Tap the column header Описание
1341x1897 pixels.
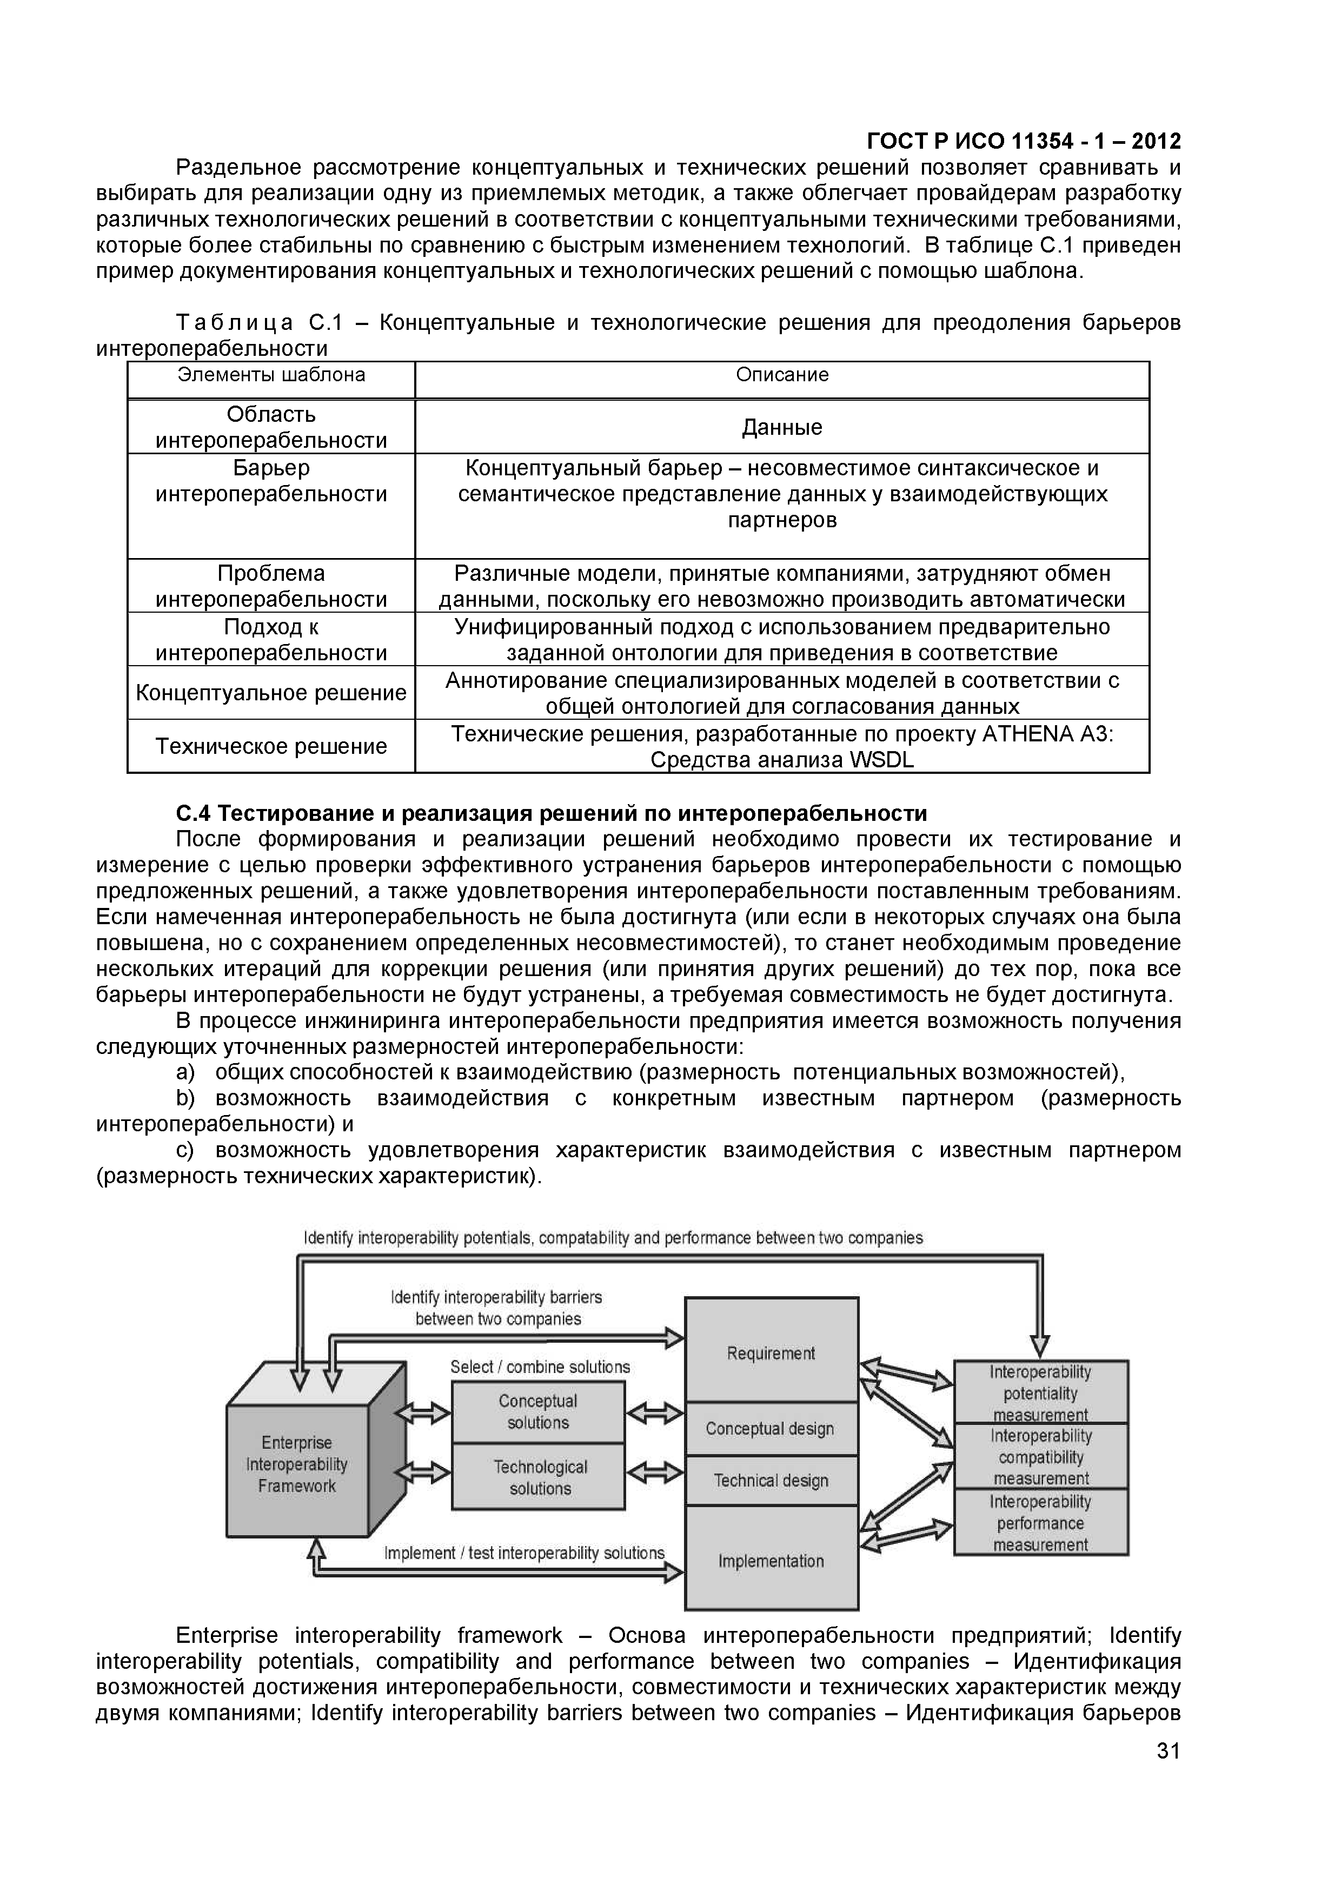(x=782, y=375)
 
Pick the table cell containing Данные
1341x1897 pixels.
(x=782, y=427)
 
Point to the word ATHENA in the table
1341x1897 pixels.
(x=1027, y=734)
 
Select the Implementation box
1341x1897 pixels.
(x=771, y=1561)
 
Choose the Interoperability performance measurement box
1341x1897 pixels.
(x=1040, y=1523)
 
